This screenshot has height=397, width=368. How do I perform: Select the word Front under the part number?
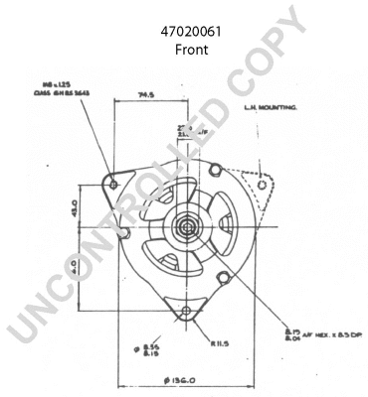tap(191, 49)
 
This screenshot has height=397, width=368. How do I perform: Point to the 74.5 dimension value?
tap(150, 96)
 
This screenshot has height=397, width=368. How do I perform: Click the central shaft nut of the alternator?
tap(186, 226)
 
